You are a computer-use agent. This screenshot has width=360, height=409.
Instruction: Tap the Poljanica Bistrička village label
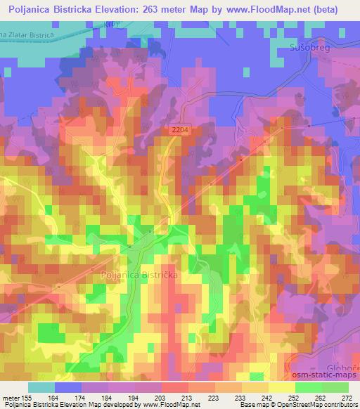click(140, 275)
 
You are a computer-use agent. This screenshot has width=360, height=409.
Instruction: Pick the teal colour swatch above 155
click(41, 387)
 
